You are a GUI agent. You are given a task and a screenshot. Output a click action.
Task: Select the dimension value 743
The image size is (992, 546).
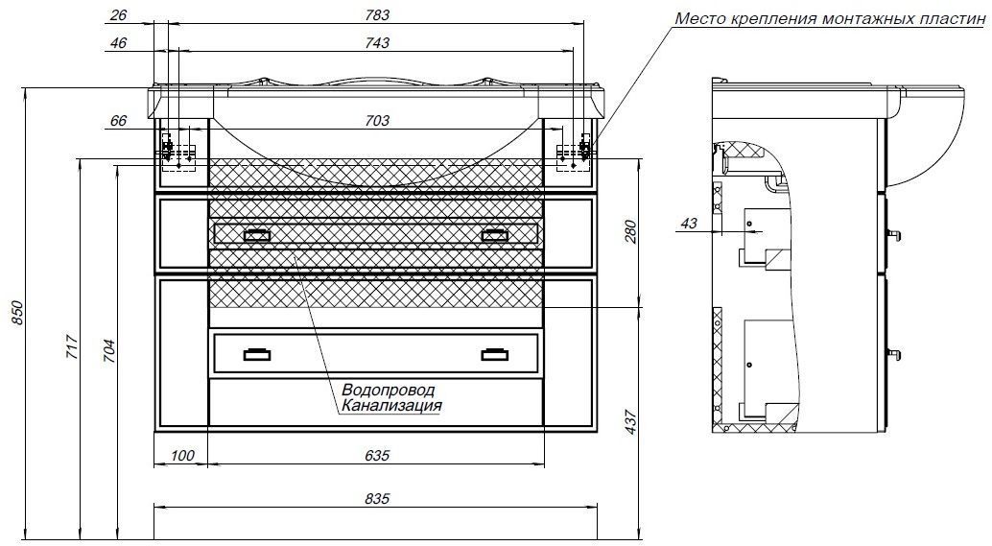pyautogui.click(x=378, y=43)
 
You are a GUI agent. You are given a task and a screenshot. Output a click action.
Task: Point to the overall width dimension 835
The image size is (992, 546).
pyautogui.click(x=378, y=499)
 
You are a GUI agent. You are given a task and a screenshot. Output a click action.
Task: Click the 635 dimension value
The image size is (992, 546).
pyautogui.click(x=378, y=456)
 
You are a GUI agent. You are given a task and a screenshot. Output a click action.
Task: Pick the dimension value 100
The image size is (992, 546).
pyautogui.click(x=181, y=456)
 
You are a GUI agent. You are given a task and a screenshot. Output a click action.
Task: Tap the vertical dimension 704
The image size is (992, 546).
pyautogui.click(x=108, y=346)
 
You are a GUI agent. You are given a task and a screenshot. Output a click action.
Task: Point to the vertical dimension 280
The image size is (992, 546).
pyautogui.click(x=630, y=232)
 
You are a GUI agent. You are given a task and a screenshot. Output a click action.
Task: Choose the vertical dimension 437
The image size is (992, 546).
pyautogui.click(x=630, y=423)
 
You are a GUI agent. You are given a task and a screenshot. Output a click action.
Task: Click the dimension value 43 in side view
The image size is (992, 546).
pyautogui.click(x=688, y=223)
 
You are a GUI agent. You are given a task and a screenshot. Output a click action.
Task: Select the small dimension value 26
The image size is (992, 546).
pyautogui.click(x=119, y=14)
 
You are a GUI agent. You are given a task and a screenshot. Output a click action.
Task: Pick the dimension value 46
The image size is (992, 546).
pyautogui.click(x=119, y=43)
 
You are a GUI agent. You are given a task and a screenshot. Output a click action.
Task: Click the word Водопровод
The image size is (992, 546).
pyautogui.click(x=388, y=391)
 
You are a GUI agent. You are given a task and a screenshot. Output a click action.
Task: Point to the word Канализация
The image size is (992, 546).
pyautogui.click(x=390, y=406)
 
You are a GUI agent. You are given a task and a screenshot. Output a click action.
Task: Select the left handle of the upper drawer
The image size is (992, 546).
pyautogui.click(x=257, y=233)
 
